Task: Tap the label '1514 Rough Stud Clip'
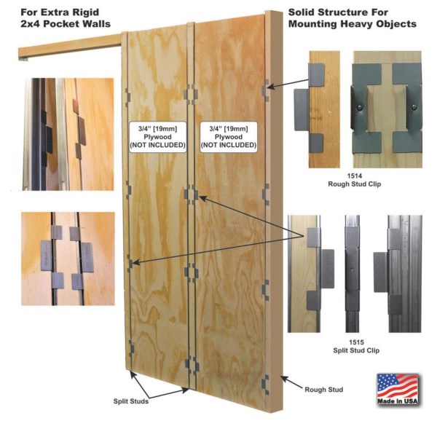point(354,180)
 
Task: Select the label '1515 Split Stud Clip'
point(356,346)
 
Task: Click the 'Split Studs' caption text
point(130,401)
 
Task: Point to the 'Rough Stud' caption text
point(323,390)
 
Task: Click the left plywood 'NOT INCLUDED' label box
point(157,137)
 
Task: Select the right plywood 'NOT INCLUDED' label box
point(229,137)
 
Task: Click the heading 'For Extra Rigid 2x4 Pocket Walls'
point(66,17)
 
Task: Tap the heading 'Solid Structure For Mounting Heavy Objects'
point(353,17)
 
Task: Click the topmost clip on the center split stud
point(191,94)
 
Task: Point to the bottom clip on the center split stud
point(192,366)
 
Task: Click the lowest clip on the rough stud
point(266,385)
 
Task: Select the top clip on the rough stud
point(266,90)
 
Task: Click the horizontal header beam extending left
point(71,47)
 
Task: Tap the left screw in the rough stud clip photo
point(360,106)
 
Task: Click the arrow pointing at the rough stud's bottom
point(291,382)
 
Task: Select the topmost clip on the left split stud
point(127,98)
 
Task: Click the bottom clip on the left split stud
point(131,348)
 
